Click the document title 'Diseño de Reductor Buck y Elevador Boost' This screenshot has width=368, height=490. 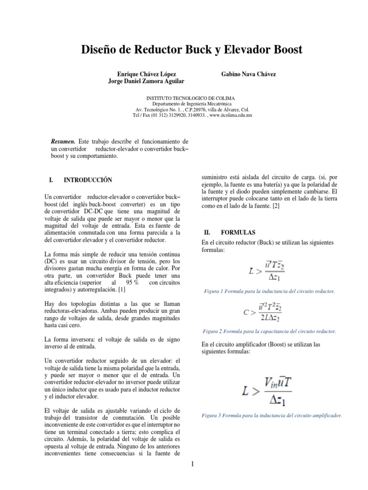184,50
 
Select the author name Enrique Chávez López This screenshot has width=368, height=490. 147,75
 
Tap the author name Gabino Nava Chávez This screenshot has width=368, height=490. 248,75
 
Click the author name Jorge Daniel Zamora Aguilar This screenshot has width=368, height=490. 147,82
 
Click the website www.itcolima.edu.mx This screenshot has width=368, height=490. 231,115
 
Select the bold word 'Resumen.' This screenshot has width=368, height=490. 63,142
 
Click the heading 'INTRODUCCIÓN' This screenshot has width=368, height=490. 88,180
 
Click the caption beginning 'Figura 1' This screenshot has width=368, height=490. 269,291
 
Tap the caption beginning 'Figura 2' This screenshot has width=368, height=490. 269,331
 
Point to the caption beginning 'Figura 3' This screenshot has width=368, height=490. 272,416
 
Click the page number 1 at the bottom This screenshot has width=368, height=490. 192,465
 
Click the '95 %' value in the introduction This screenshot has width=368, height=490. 132,283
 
